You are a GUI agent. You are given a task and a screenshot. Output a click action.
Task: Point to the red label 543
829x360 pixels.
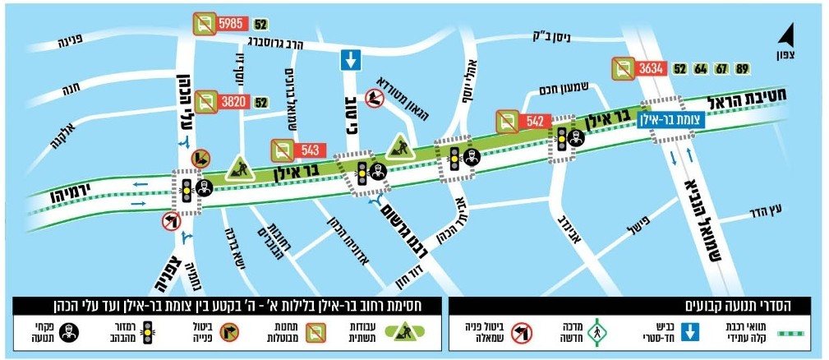[x=310, y=150]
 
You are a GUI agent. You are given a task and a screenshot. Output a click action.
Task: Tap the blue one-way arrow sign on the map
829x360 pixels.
[x=350, y=60]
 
